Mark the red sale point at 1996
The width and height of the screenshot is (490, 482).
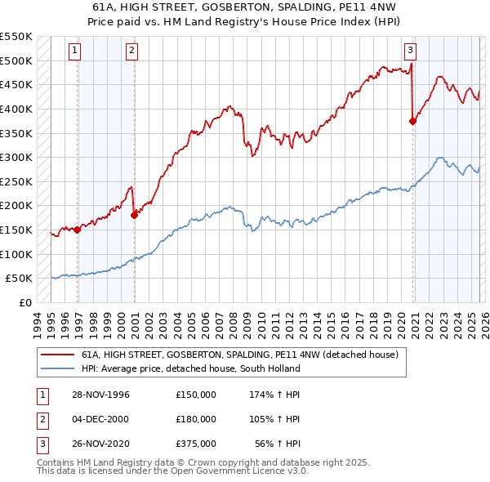coord(78,230)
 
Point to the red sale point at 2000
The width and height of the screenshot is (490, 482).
coord(135,215)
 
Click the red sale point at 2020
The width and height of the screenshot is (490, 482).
coord(412,121)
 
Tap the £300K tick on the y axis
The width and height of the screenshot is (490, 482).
coord(16,157)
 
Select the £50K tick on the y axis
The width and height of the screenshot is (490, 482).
coord(19,278)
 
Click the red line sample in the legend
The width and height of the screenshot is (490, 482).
coord(57,355)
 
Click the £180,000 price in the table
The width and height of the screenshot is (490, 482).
coord(195,419)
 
